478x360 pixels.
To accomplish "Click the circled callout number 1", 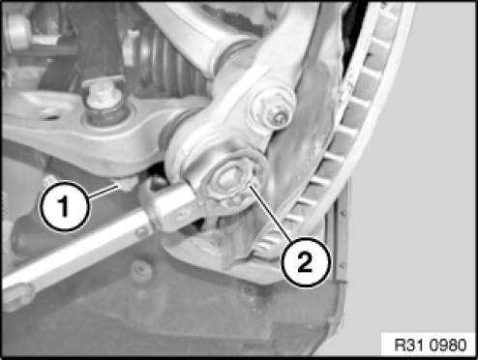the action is pos(64,206).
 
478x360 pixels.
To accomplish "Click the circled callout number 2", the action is pos(306,261).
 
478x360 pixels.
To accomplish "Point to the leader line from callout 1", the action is pos(104,190).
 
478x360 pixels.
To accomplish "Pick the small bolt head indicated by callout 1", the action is pos(128,183).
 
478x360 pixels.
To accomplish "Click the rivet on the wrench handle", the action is pos(141,231).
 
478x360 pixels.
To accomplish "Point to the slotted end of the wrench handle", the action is pos(16,295).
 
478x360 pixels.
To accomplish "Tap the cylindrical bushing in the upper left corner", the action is pos(17,31).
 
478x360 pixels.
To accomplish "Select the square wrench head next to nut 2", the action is pos(173,206).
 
